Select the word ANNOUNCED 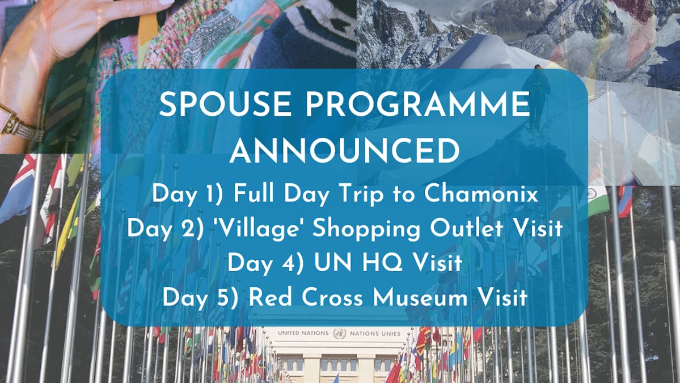[345, 151]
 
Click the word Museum [420, 298]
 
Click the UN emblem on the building [340, 333]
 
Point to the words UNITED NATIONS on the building [303, 333]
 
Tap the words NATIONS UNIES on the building [375, 334]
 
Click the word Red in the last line [270, 298]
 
